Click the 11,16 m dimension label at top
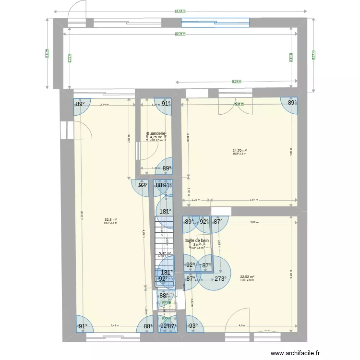pos(180,11)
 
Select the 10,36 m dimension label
pos(180,34)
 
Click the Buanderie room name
pos(156,133)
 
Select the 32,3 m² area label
pos(111,220)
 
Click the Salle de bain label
pos(197,240)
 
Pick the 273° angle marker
pos(220,278)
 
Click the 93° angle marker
pos(193,326)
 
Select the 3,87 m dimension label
pos(253,199)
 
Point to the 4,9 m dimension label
pos(243,325)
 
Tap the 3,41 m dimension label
pos(115,325)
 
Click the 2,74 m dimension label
pos(104,105)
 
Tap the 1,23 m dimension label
pos(195,199)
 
